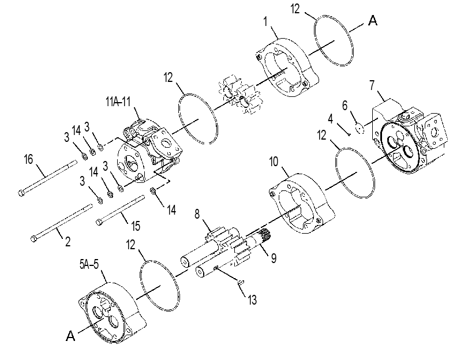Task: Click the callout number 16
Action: [28, 159]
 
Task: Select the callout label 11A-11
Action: [118, 102]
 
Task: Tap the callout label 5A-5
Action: [89, 264]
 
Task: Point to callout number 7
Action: [372, 85]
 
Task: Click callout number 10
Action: [274, 162]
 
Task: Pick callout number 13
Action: [252, 299]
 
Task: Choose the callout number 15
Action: [136, 226]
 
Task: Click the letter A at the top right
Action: [373, 21]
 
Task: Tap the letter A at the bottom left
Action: [70, 336]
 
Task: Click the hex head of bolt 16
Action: [21, 193]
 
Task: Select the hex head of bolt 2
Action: [33, 238]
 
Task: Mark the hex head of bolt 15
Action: [99, 222]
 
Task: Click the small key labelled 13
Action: [241, 281]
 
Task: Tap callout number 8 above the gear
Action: [197, 214]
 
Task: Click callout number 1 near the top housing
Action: [265, 21]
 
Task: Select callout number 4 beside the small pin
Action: [330, 119]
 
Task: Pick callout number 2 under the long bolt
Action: [68, 241]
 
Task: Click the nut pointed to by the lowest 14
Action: [152, 190]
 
